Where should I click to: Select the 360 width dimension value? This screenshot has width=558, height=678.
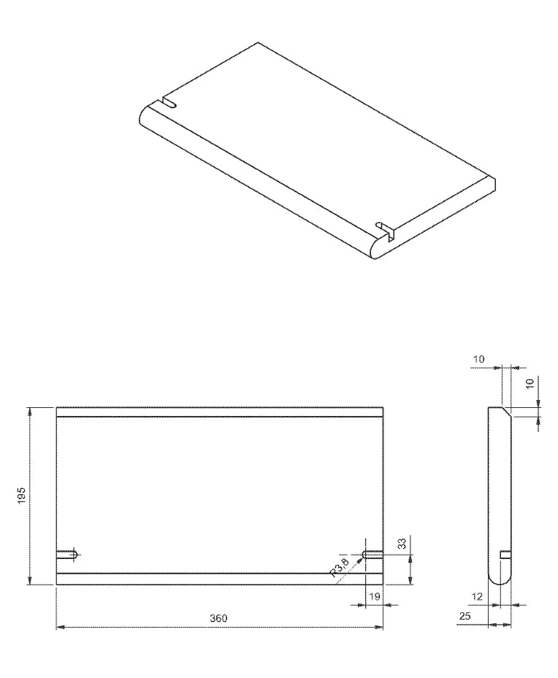point(218,618)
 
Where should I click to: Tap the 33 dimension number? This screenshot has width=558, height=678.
point(402,544)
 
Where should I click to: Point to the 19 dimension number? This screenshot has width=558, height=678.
point(374,596)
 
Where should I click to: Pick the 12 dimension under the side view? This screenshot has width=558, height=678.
point(478,596)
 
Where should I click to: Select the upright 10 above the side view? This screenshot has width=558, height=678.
point(478,359)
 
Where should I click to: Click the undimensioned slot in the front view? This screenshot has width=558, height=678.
point(67,555)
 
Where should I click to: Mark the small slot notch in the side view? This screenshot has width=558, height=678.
point(505,555)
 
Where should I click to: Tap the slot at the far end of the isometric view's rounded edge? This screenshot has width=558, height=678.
point(168,103)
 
